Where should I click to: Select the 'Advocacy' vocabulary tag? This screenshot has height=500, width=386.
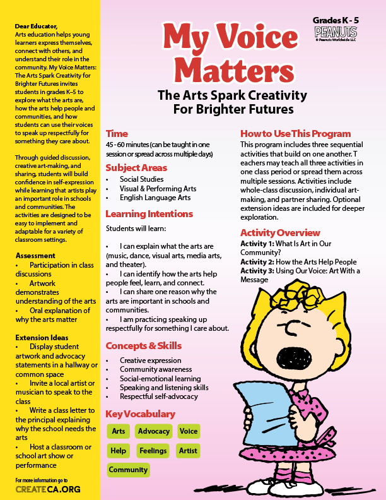coord(154,431)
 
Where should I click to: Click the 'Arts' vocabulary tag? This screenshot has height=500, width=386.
coord(118,431)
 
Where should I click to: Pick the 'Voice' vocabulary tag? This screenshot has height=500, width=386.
coord(188,431)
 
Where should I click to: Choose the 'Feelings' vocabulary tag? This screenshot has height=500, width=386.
coord(153,451)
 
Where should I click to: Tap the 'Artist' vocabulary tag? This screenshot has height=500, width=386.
coord(188,451)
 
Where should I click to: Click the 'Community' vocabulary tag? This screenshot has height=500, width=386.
coord(128,470)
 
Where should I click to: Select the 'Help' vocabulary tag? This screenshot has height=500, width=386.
coord(118,451)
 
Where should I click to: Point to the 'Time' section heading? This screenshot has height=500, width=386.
coord(117,134)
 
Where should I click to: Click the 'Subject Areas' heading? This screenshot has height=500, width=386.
coord(136,168)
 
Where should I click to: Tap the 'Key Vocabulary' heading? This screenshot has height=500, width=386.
coord(140,414)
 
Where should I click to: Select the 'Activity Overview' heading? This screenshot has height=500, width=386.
coord(280,232)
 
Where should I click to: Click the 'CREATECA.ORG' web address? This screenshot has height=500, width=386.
coord(48,489)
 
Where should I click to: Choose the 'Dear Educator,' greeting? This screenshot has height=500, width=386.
coord(39,26)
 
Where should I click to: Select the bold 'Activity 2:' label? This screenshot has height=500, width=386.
coord(260,262)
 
